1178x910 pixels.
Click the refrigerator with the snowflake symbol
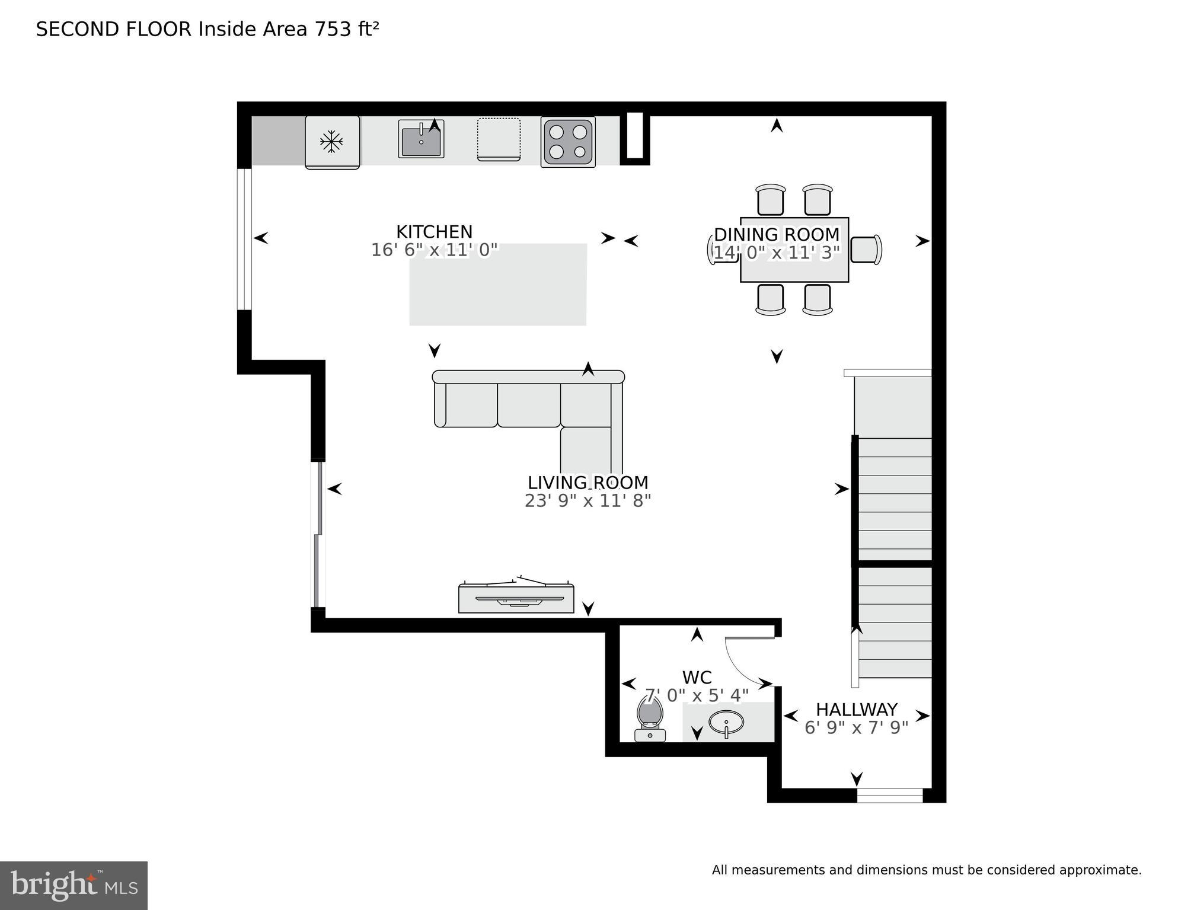point(332,142)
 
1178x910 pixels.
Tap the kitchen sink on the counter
point(421,139)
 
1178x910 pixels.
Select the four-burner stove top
point(567,142)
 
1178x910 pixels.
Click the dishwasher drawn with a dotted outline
point(499,139)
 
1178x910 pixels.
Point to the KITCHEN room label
point(434,232)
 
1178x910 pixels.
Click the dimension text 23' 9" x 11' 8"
point(588,501)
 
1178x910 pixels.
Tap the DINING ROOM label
point(777,235)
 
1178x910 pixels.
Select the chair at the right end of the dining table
point(866,250)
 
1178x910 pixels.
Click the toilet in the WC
point(650,719)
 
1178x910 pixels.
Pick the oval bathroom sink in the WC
point(726,723)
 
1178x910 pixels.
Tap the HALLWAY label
point(856,710)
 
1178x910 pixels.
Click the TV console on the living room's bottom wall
point(516,598)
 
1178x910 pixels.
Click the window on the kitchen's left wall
point(244,239)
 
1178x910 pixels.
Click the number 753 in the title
point(333,29)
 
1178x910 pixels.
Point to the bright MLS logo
point(74,885)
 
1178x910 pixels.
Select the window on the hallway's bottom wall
point(890,796)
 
